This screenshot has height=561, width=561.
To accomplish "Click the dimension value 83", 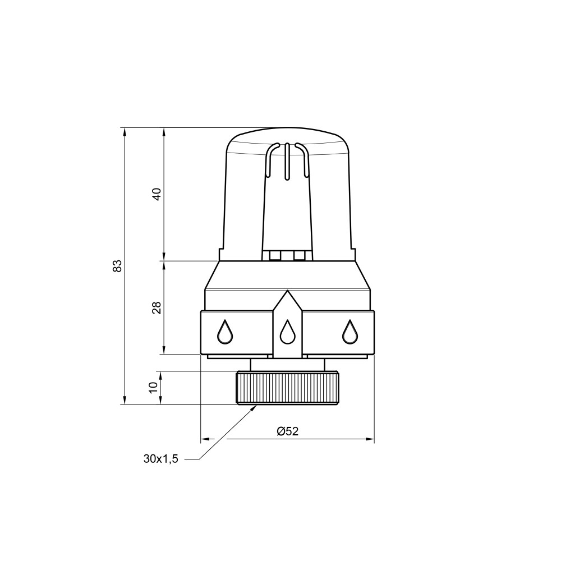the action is [117, 265].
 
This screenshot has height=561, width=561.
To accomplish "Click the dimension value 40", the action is [157, 194].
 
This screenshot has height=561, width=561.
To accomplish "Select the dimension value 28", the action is [157, 307].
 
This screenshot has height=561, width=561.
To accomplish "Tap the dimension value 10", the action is [153, 387].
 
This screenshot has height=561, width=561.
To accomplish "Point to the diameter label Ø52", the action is [287, 431].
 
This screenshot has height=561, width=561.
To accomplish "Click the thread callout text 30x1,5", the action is [160, 459].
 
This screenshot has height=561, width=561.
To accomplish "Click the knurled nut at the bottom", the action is [287, 388].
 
